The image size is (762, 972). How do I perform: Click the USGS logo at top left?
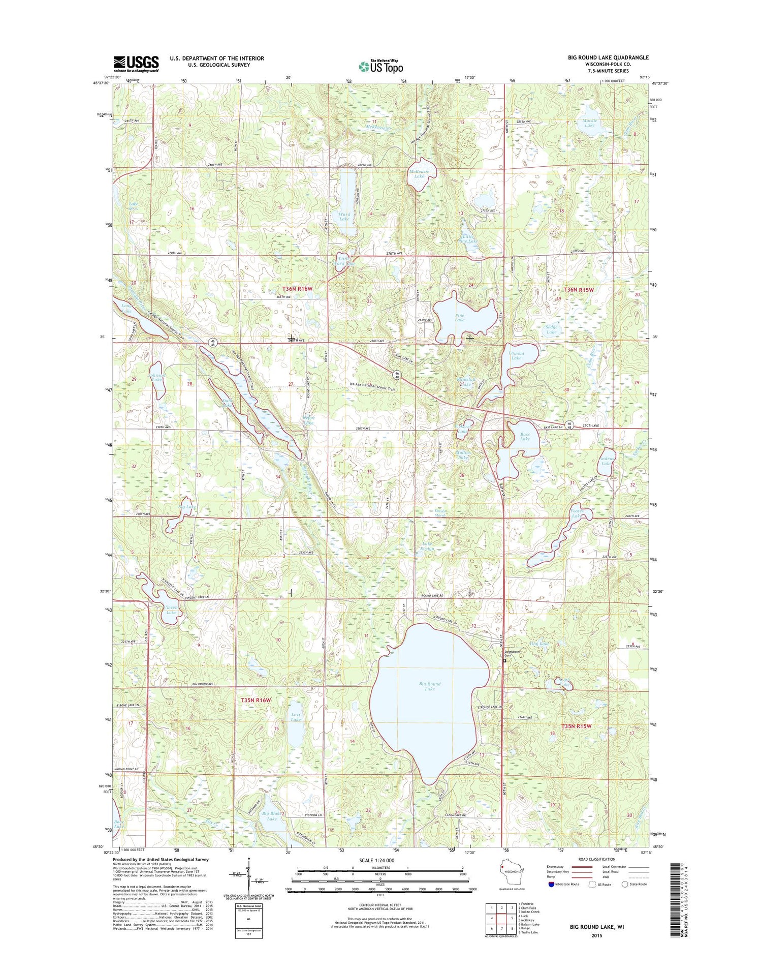click(136, 64)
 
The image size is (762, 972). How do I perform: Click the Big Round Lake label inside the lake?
click(430, 686)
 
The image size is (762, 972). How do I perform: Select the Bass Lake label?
click(525, 436)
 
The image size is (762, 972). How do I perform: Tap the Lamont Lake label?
click(516, 355)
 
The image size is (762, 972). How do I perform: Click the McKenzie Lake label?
click(419, 174)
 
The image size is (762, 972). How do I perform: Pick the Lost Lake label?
click(296, 717)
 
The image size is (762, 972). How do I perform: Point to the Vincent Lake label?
click(171, 610)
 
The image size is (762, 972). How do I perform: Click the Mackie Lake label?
click(589, 123)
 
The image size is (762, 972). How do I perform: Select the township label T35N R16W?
click(256, 700)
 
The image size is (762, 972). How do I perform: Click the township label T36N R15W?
click(579, 289)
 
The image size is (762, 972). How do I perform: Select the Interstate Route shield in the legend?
click(552, 884)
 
